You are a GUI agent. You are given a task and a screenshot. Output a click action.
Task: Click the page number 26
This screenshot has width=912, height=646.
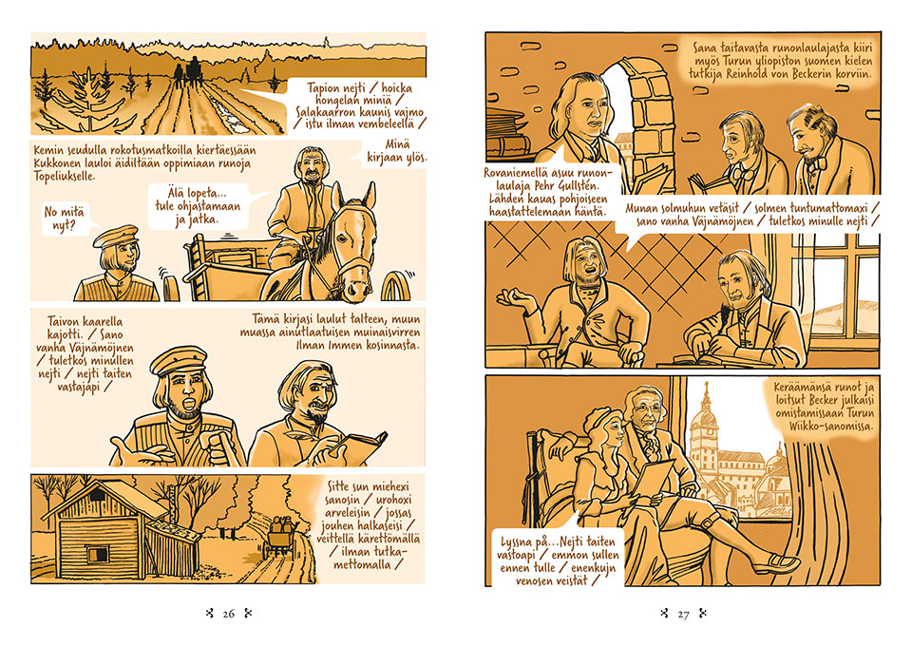(229, 614)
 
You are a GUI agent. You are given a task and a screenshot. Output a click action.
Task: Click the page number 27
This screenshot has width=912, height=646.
(683, 614)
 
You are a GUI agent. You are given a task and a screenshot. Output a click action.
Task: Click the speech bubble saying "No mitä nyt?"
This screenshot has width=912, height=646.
(64, 218)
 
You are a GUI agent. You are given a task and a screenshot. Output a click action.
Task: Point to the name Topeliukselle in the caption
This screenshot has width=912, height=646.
(64, 176)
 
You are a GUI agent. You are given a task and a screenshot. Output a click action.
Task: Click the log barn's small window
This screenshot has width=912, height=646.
(97, 554)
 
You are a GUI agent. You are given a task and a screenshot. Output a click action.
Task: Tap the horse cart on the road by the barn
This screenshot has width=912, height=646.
(281, 536)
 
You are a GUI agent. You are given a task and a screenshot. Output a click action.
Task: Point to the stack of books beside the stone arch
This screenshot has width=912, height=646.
(509, 135)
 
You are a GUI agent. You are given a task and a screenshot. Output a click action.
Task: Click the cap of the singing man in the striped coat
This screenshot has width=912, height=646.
(179, 360)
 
